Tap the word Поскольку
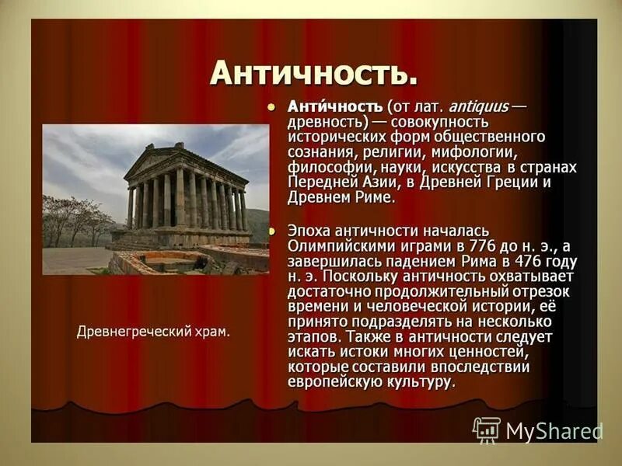pyautogui.click(x=361, y=277)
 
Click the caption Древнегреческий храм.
pyautogui.click(x=154, y=332)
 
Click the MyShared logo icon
pyautogui.click(x=487, y=429)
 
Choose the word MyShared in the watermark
pyautogui.click(x=554, y=431)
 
